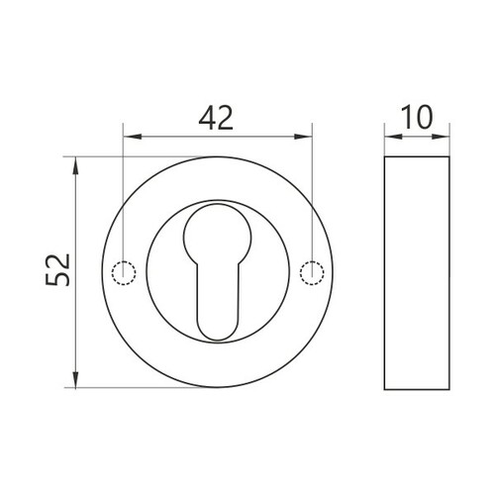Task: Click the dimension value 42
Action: pyautogui.click(x=216, y=118)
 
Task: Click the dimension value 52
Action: pyautogui.click(x=57, y=270)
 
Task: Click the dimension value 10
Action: pyautogui.click(x=417, y=118)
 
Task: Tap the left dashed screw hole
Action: pyautogui.click(x=124, y=273)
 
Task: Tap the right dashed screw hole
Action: pyautogui.click(x=312, y=273)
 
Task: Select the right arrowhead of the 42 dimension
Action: pyautogui.click(x=303, y=137)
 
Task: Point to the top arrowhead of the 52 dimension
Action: pyautogui.click(x=75, y=166)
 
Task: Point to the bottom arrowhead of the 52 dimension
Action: pyautogui.click(x=75, y=378)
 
